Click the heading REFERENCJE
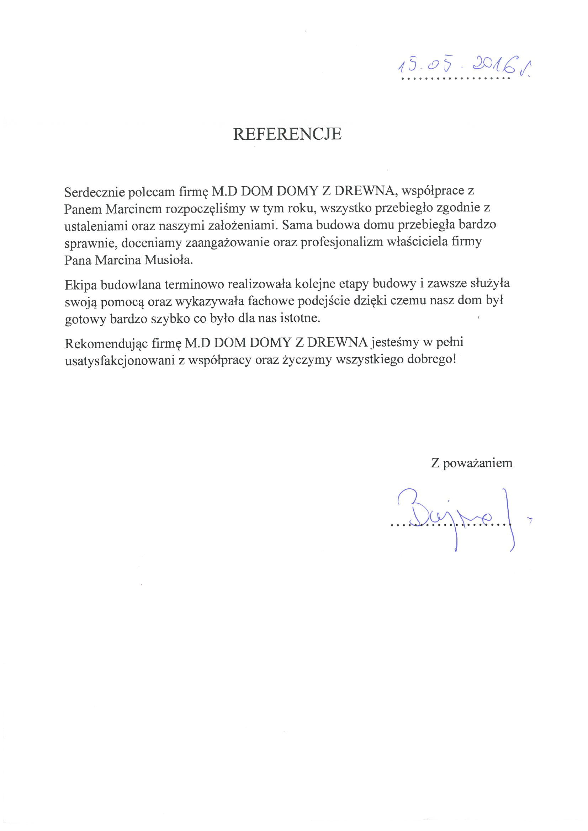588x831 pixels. (287, 134)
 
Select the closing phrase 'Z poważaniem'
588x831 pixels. (472, 463)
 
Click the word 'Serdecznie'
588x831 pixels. (95, 192)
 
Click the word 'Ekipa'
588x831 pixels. (81, 285)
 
